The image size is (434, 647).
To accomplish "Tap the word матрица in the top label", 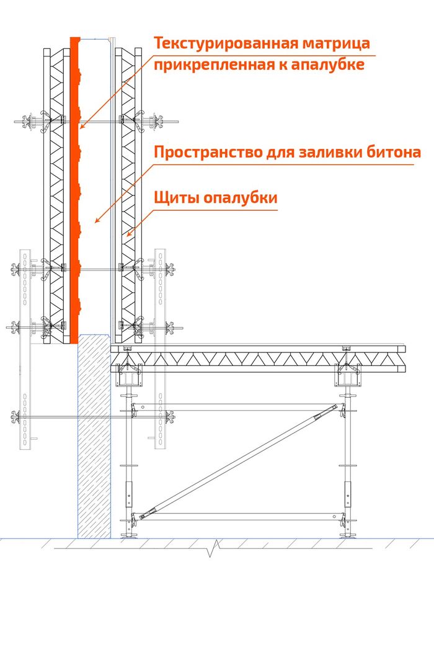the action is tap(336, 44).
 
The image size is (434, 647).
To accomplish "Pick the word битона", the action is tap(393, 152).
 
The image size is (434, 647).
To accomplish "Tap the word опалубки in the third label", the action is tap(241, 198).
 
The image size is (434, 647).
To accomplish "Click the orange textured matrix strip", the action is tap(74, 190).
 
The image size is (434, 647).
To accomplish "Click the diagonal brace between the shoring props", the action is tap(239, 462).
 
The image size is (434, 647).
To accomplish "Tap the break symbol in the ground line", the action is tap(213, 548).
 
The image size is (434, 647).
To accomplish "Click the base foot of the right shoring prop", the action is tap(348, 536).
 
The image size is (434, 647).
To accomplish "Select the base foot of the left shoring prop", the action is tap(128, 536).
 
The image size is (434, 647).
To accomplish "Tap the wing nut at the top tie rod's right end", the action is tap(157, 122).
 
